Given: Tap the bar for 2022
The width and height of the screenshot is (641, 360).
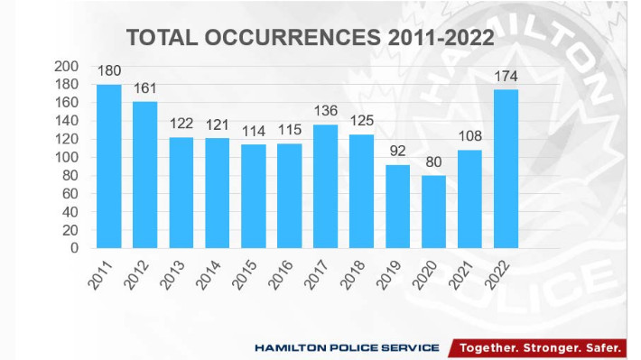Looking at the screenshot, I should [506, 169].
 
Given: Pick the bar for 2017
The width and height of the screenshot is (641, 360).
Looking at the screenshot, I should [325, 186].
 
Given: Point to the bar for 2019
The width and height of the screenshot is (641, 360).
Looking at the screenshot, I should [397, 206].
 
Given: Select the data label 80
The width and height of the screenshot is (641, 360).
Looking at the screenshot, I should [434, 163].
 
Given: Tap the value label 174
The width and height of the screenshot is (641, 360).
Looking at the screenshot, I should [506, 78].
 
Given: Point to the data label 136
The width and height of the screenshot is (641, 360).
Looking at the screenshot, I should [326, 112].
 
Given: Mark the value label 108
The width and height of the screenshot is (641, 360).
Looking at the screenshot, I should [470, 138].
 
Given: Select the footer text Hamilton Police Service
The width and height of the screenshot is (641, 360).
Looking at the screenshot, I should [347, 347].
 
